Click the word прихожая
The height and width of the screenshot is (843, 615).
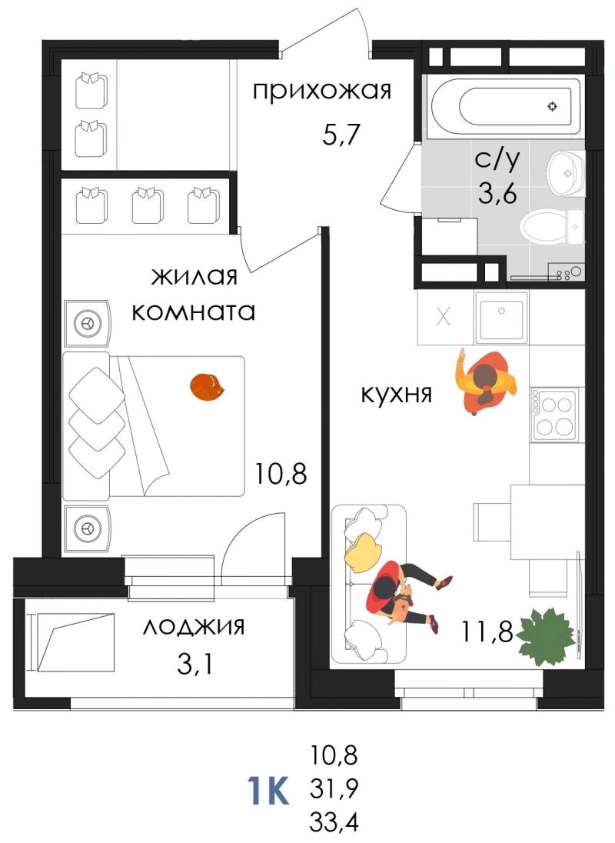click(x=322, y=92)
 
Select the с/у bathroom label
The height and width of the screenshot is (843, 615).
click(x=497, y=160)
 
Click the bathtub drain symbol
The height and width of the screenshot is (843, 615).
click(x=552, y=106)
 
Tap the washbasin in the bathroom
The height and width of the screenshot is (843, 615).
click(x=565, y=173)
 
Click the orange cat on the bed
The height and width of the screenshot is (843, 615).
click(x=208, y=387)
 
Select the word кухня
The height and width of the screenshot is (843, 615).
click(x=397, y=394)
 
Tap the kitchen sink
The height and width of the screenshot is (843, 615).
click(x=502, y=318)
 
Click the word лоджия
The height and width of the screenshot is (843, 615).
click(x=194, y=627)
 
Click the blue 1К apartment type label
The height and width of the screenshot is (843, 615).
click(x=268, y=790)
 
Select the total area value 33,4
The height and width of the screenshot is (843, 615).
click(x=334, y=822)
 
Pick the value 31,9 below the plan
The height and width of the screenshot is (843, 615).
click(x=334, y=788)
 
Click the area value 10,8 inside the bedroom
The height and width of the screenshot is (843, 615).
click(x=281, y=474)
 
